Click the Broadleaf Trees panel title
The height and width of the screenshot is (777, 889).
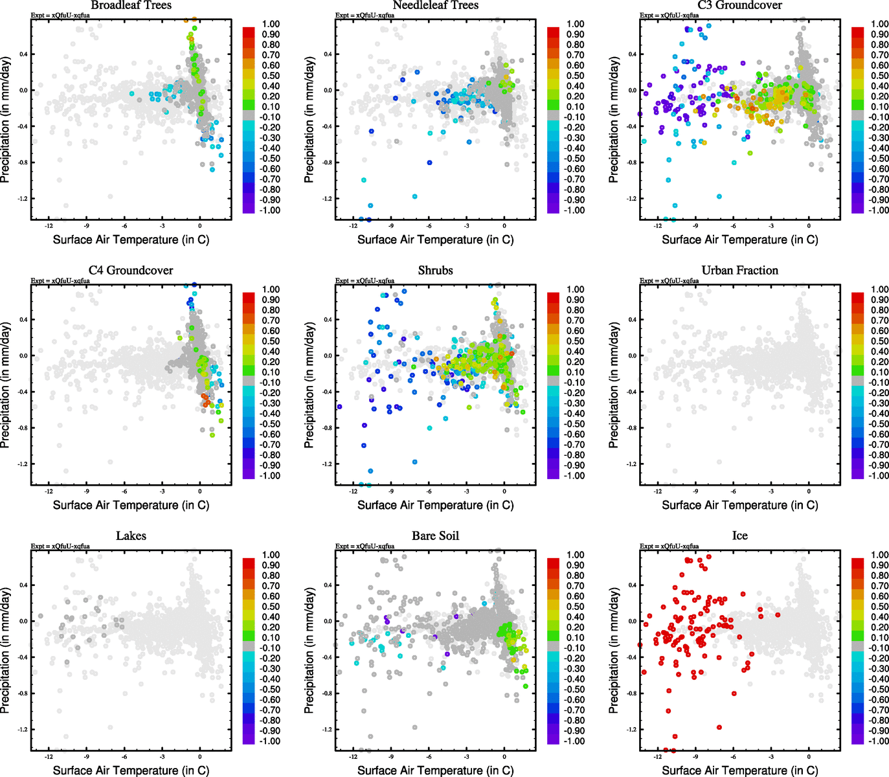tap(131, 5)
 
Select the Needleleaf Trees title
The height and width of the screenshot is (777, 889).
tap(435, 5)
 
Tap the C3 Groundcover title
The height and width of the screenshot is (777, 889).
tap(739, 5)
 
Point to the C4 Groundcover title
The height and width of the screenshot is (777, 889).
tap(131, 270)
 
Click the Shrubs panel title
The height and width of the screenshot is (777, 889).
tap(435, 270)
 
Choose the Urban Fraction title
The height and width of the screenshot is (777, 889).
tap(739, 270)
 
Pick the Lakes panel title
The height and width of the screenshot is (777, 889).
tap(131, 535)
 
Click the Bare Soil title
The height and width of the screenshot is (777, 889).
tap(435, 535)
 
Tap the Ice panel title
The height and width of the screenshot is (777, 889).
tap(739, 535)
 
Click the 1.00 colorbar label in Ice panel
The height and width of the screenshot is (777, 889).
tap(880, 555)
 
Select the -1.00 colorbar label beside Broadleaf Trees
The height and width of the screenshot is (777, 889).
tap(270, 210)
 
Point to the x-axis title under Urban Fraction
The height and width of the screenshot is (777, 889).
tap(739, 505)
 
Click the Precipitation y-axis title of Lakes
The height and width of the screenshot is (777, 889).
tap(6, 651)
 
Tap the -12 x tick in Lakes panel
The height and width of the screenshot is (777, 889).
tap(49, 756)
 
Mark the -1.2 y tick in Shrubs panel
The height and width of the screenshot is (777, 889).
tap(328, 464)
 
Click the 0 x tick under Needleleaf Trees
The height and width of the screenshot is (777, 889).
tap(504, 226)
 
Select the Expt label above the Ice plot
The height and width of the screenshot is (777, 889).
tap(670, 546)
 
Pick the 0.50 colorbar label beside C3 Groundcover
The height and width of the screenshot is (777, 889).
tap(880, 76)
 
